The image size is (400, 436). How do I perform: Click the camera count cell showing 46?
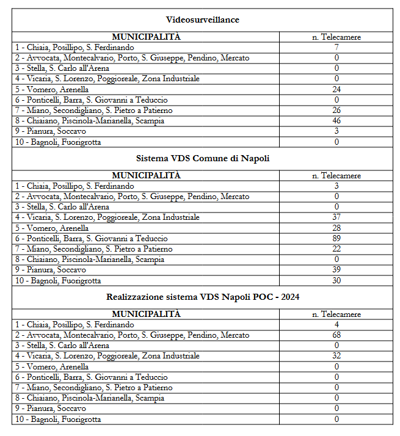336,121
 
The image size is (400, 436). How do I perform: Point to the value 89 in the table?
336,238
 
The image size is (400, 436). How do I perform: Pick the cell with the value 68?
336,335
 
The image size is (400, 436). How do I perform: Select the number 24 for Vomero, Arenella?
336,89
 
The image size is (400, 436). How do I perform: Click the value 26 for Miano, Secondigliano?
336,111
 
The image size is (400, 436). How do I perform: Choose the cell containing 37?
336,217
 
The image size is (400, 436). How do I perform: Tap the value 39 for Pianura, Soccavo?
336,270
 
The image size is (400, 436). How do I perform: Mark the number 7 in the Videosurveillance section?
336,47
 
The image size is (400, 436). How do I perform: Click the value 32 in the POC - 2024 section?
336,356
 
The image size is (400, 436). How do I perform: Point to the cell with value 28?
336,228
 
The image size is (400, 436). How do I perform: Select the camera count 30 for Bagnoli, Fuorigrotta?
336,281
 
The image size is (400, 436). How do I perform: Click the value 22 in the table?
336,249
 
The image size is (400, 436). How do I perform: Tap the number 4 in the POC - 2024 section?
336,325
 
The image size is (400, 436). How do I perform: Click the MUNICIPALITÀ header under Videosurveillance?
146,37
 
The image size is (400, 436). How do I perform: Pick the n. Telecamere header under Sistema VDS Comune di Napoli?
336,176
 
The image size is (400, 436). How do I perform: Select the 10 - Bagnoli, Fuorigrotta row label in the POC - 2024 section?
59,420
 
